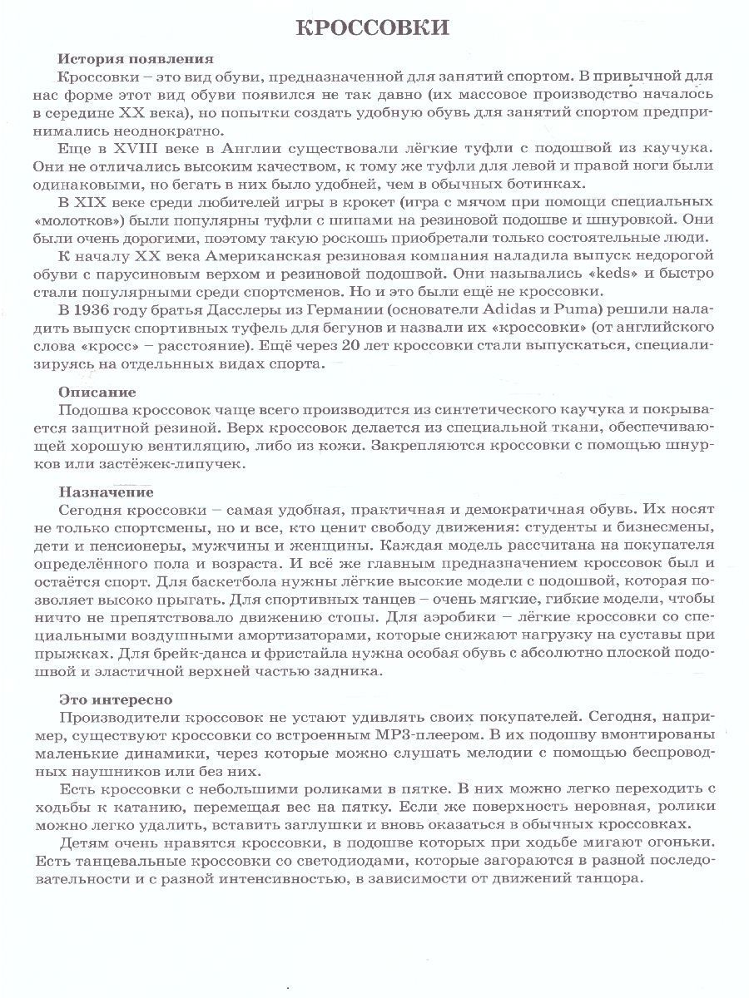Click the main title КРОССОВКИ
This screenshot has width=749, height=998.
(373, 28)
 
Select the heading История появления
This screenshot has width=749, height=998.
(136, 59)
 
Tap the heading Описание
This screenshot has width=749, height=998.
(97, 391)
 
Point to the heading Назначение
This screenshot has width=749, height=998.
(106, 492)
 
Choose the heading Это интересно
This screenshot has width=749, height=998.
(116, 699)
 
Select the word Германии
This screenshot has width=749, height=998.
(320, 310)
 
